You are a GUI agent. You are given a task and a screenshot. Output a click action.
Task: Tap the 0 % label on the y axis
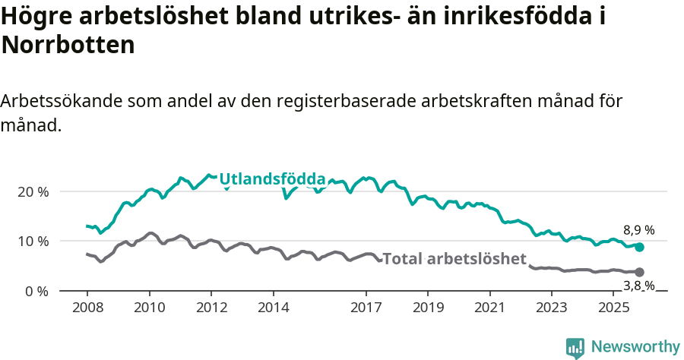(x=36, y=291)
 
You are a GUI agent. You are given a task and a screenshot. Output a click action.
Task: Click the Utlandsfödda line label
(x=272, y=179)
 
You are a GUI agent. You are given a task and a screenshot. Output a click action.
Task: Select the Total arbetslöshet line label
(x=454, y=259)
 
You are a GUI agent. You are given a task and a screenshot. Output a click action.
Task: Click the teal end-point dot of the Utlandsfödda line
(x=639, y=247)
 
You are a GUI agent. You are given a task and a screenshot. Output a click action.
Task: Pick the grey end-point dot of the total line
(x=639, y=272)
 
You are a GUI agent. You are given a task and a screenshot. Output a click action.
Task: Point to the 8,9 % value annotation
(x=639, y=230)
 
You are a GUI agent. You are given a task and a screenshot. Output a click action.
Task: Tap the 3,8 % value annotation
(x=639, y=286)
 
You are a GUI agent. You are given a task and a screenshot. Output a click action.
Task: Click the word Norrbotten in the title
(x=68, y=46)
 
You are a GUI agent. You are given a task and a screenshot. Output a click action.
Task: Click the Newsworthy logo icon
(x=575, y=347)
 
